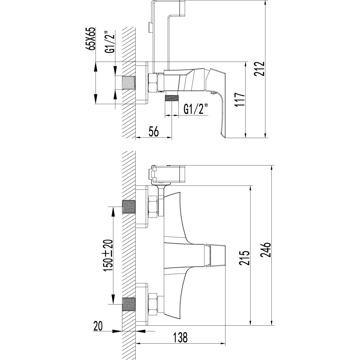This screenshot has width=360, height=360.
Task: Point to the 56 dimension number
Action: tap(154, 131)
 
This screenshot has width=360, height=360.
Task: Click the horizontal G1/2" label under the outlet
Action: tap(196, 110)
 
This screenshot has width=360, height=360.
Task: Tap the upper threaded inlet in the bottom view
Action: tap(129, 207)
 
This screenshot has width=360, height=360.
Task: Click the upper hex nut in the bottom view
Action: tap(153, 207)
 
